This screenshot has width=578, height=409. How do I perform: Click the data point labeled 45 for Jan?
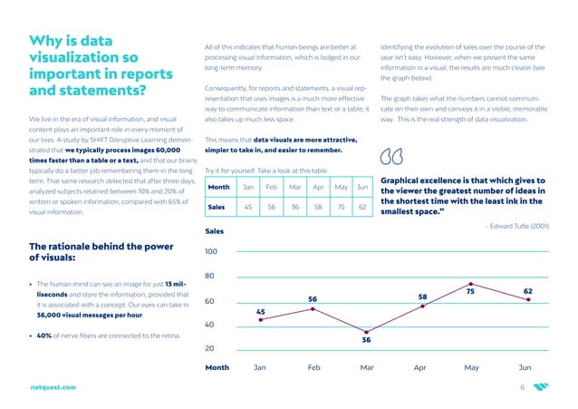coord(260,319)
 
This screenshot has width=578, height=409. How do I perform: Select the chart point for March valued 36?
coord(367,332)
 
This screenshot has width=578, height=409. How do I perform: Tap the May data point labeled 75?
coord(472,284)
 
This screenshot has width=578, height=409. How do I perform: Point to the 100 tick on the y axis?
coord(211,251)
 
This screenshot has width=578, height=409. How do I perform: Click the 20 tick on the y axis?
coord(211,348)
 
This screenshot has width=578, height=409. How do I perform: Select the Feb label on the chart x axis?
coord(313,369)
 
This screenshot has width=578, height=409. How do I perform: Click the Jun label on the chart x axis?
coord(525,369)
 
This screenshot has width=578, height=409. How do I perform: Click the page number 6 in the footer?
coord(522,387)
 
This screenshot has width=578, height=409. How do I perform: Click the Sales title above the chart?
coord(217,231)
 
